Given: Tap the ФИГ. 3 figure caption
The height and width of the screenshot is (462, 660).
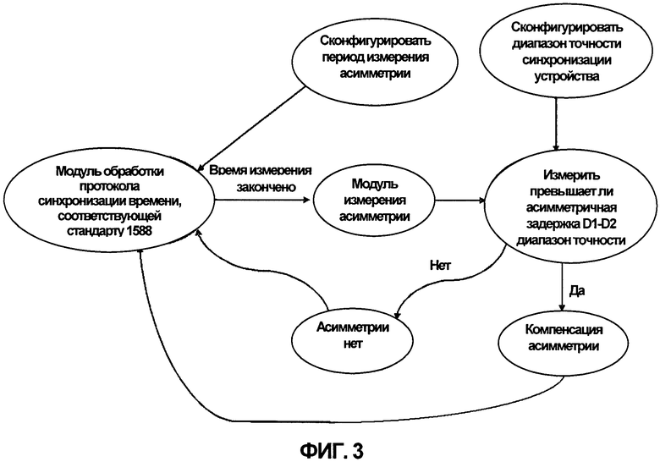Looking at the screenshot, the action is pos(331,451).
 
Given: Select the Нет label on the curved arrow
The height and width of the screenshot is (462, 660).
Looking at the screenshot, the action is pos(440,266).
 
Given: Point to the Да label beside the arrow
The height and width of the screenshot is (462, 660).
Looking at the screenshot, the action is pos(577,290).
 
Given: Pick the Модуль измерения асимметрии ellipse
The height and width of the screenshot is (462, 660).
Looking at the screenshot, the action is pos(374,201).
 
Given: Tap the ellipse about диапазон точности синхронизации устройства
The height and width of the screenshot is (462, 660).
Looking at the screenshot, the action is pos(567,53).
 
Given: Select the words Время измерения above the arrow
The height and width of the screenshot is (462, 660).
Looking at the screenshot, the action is pos(261,171).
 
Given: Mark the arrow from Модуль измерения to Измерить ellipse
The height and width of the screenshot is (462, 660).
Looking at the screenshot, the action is pos(460,201).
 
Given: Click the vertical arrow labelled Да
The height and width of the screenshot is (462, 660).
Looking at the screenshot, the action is pos(562,287).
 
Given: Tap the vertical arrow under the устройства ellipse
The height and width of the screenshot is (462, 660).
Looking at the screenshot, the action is pos(556,124).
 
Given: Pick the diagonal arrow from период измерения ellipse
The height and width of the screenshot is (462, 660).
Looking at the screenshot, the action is pos(250,129).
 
